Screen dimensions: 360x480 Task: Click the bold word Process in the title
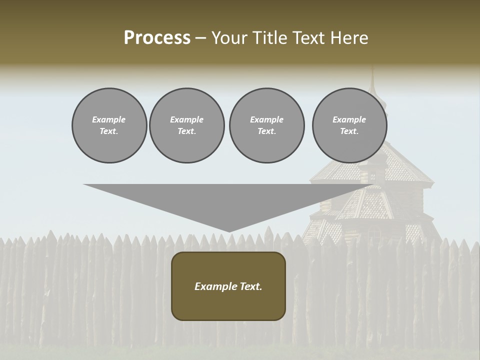(x=157, y=38)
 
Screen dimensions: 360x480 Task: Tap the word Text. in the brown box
(x=250, y=286)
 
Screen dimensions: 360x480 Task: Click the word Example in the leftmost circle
(x=109, y=119)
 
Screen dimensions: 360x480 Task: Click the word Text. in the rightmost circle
(x=349, y=131)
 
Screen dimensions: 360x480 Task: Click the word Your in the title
(x=228, y=38)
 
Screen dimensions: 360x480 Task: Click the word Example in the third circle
(x=266, y=119)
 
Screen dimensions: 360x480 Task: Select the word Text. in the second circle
(x=186, y=131)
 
